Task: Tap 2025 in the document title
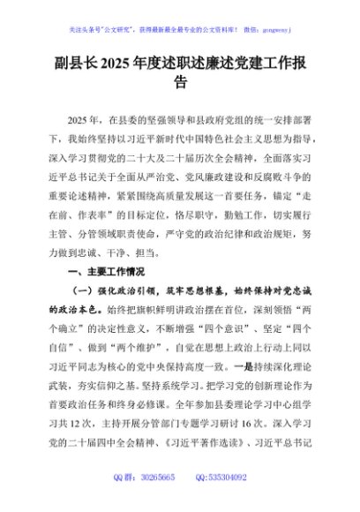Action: click(x=118, y=65)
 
